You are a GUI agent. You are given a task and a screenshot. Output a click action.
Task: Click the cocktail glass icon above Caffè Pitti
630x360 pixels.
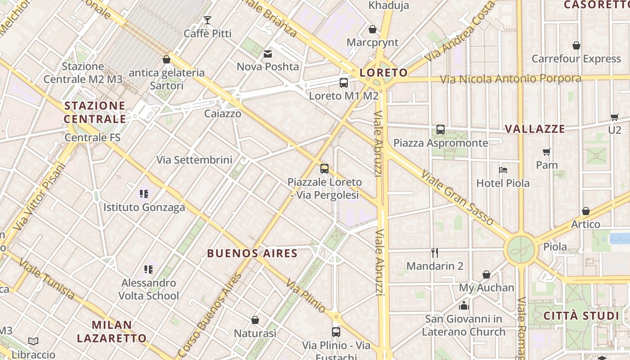[207, 20]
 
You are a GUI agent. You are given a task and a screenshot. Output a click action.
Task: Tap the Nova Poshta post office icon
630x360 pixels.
[268, 54]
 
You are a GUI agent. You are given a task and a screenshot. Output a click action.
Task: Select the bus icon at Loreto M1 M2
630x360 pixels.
[344, 82]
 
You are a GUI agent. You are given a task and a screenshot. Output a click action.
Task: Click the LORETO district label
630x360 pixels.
[383, 72]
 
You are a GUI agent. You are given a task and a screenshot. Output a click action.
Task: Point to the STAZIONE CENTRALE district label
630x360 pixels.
[94, 112]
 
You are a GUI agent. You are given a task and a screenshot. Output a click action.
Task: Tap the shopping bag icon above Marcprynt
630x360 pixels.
[373, 29]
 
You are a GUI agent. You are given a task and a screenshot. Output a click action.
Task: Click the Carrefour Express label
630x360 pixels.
[576, 59]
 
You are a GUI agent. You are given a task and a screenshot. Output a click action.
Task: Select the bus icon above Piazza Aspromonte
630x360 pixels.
[441, 130]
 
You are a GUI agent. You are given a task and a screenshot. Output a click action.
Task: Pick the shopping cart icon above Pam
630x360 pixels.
[547, 152]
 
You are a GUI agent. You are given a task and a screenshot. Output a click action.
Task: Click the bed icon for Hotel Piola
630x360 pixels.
[503, 170]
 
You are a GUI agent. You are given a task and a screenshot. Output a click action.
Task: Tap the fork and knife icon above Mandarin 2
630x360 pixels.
[435, 253]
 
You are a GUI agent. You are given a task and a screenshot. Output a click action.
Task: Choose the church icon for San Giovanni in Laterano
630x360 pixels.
[463, 306]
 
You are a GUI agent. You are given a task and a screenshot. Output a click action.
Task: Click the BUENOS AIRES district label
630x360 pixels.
[252, 253]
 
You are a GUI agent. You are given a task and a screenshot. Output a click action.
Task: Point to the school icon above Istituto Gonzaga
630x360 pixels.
[144, 194]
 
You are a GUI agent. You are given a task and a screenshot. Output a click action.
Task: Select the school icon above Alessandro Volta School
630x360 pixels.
[148, 270]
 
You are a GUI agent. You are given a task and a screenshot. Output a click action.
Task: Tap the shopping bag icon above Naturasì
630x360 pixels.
[255, 320]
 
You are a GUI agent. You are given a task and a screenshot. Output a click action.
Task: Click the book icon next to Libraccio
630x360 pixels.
[33, 341]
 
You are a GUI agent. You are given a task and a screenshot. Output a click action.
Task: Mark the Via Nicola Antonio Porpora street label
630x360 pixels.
[510, 79]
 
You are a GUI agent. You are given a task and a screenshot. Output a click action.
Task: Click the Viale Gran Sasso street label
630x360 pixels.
[457, 198]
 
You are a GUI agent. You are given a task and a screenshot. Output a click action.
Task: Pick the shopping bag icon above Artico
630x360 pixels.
[586, 211]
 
